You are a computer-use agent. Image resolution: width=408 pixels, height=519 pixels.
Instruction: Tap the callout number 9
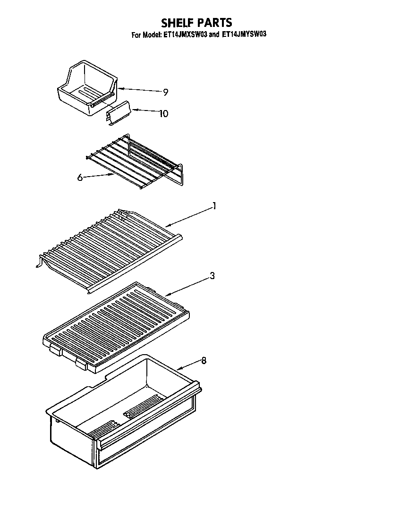[165, 93]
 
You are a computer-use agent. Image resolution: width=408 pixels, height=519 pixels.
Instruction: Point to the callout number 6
[80, 178]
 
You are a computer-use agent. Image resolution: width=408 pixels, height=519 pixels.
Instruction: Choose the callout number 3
[212, 276]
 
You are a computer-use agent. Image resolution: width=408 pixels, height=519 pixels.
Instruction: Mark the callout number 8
[204, 361]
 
